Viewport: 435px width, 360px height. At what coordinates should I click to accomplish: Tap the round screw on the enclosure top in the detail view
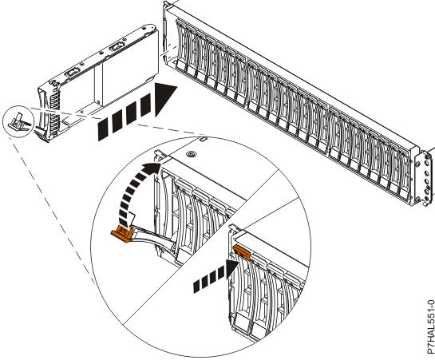coord(192,151)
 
